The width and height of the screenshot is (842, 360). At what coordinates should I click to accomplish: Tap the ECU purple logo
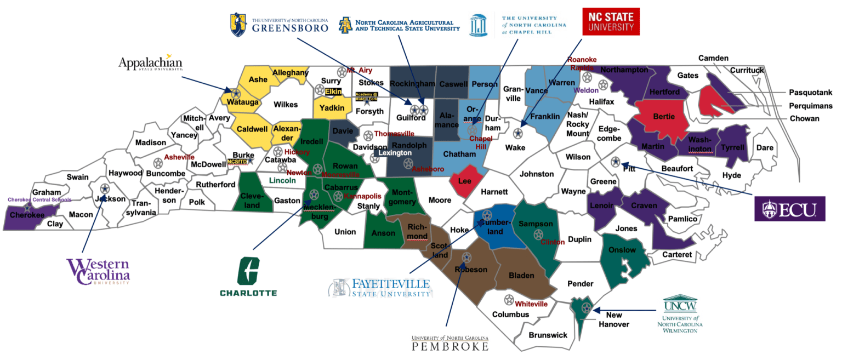[x=789, y=208]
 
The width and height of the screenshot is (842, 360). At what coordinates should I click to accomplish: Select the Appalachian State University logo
[x=150, y=62]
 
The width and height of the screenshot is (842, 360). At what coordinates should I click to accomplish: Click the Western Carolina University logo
[x=99, y=272]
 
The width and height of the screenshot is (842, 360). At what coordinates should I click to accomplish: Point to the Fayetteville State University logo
[x=380, y=288]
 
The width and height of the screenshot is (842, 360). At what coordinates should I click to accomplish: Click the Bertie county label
[x=662, y=118]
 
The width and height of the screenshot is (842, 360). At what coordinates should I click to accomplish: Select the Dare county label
[x=764, y=147]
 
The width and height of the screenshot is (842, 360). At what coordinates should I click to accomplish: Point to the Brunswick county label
[x=548, y=335]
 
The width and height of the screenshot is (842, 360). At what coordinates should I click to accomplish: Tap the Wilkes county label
[x=285, y=104]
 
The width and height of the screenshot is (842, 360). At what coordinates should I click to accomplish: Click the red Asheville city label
[x=179, y=157]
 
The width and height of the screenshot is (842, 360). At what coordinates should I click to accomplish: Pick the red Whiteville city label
[x=531, y=304]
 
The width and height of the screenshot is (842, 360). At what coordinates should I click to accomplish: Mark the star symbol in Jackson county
[x=105, y=188]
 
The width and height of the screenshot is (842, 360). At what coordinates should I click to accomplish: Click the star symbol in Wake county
[x=517, y=133]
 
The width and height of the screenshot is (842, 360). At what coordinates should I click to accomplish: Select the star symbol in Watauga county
[x=235, y=94]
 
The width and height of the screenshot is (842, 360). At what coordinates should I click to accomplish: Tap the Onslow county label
[x=622, y=250]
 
